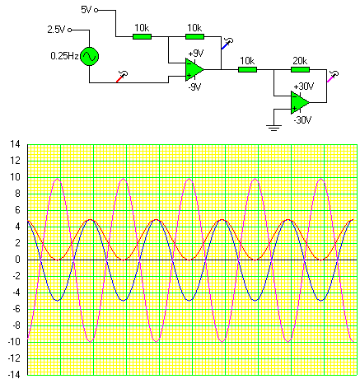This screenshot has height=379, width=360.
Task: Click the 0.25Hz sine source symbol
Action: coord(89,56)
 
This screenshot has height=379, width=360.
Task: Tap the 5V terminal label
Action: coord(86,10)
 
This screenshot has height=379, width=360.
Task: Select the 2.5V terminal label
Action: coord(56,30)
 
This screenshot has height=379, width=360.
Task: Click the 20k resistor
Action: coord(300,69)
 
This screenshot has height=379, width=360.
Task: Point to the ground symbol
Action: coord(274,128)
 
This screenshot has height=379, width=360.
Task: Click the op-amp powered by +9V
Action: coord(194,69)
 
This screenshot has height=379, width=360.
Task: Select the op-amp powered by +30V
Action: coord(300,102)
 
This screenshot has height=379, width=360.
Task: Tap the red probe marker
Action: coord(122,77)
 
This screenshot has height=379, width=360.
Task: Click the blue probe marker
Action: coord(227,44)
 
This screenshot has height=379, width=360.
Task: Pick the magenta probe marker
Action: coord(333,77)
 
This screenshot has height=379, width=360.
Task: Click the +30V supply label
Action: coord(303,87)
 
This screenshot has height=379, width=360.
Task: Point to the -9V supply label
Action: coord(194,87)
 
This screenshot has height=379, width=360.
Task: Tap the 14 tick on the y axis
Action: coord(15,144)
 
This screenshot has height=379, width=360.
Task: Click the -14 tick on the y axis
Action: coord(14,375)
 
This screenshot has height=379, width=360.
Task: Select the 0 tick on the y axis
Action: coord(18,260)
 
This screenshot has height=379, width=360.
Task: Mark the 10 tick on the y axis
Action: coord(15,177)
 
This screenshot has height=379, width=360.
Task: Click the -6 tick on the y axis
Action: coord(16,309)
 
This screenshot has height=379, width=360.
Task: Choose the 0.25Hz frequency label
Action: coord(64,56)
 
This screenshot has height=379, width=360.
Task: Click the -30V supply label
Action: coord(302,120)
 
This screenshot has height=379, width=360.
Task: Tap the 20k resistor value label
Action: coord(300,61)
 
